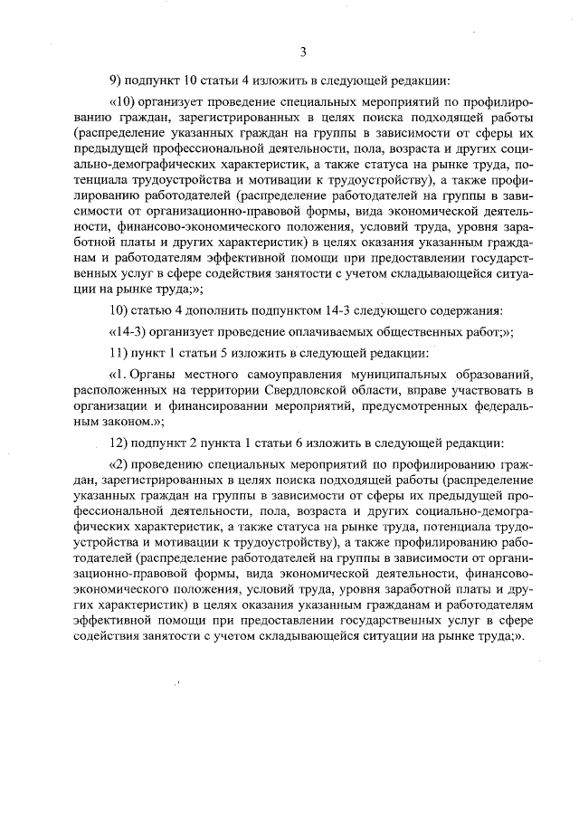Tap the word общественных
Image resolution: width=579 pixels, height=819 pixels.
407,332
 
